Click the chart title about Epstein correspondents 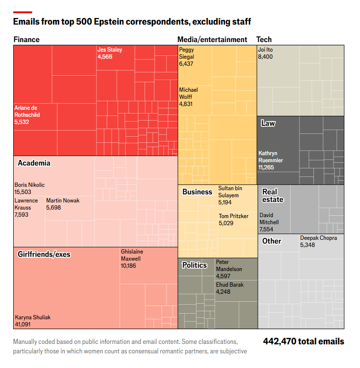132,22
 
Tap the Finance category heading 26,40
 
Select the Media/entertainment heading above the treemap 212,40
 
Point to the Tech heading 264,40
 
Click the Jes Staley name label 110,50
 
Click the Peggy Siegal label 186,53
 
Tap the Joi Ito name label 265,50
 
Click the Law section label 268,123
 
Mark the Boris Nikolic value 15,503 23,192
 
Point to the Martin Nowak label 63,201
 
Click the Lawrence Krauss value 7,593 22,215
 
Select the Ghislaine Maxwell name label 132,255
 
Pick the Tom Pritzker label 233,216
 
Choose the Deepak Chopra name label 318,238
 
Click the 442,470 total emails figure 303,342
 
